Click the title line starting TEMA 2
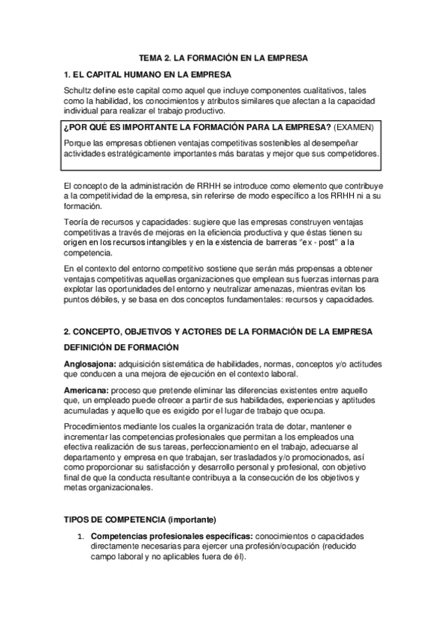[x=223, y=57]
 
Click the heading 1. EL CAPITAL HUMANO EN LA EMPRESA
[x=148, y=74]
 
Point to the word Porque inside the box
[x=80, y=142]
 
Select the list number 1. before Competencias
[x=81, y=536]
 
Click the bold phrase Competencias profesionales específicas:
[x=171, y=536]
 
